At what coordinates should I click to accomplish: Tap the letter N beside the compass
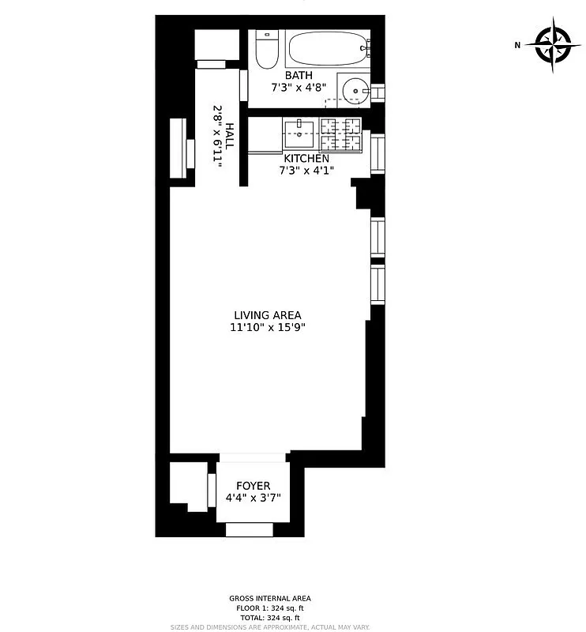(x=518, y=45)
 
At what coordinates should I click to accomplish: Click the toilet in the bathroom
(x=267, y=51)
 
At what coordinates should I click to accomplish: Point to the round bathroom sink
(x=355, y=91)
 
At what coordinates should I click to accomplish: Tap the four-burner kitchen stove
(x=340, y=134)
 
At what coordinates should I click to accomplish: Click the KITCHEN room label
(x=302, y=159)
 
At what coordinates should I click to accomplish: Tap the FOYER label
(x=254, y=486)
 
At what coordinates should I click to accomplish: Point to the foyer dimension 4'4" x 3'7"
(x=254, y=498)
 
